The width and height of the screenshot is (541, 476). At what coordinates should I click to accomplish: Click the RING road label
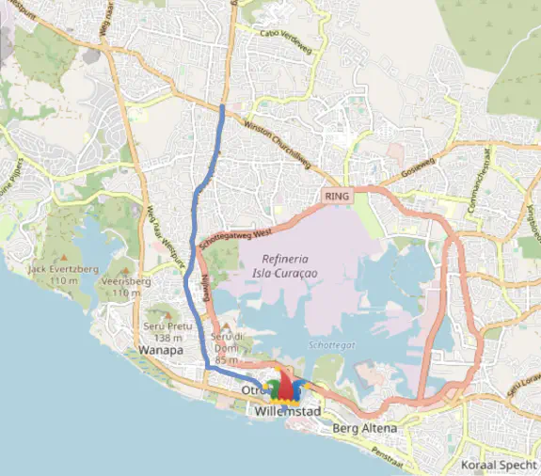coord(336,197)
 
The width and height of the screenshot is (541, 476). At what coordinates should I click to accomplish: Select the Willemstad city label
coord(289,412)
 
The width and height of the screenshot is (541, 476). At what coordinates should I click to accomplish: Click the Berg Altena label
coord(366,429)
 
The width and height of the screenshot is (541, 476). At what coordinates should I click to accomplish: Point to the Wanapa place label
coord(159,350)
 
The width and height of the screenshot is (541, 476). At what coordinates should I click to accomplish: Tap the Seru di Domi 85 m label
coord(229,348)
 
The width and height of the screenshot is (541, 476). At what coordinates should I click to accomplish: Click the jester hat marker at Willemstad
coord(286,385)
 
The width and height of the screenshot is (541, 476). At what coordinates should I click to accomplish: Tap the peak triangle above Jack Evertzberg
coord(64,257)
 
